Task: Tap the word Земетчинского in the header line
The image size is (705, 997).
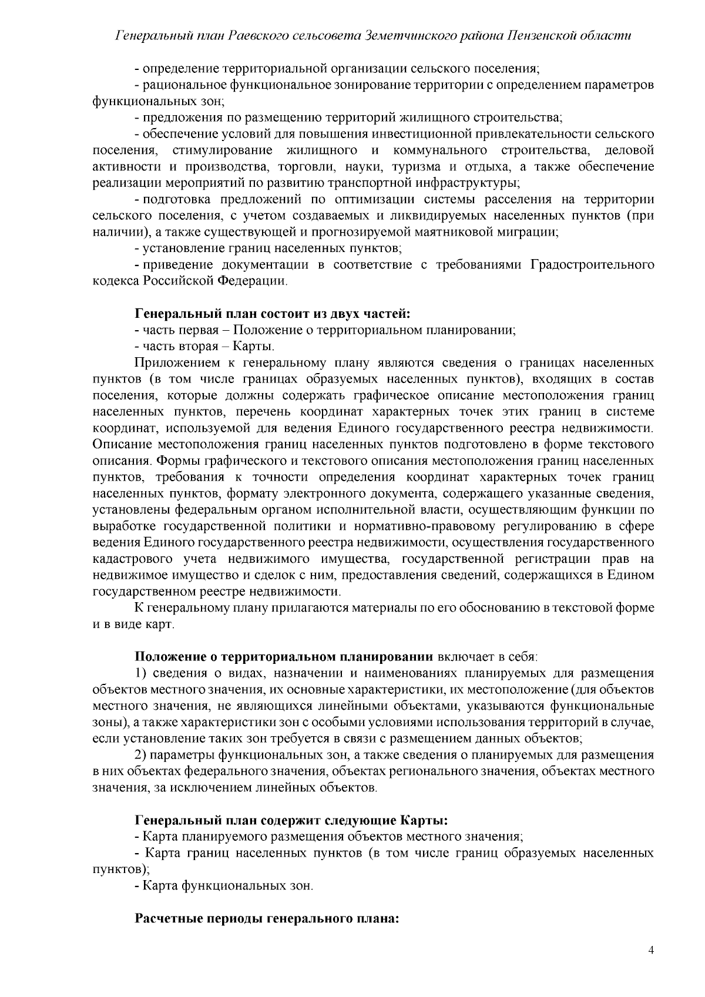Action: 411,36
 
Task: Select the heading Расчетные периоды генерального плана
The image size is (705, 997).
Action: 267,918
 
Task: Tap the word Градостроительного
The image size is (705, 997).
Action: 592,265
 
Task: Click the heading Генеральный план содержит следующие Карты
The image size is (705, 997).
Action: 292,819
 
